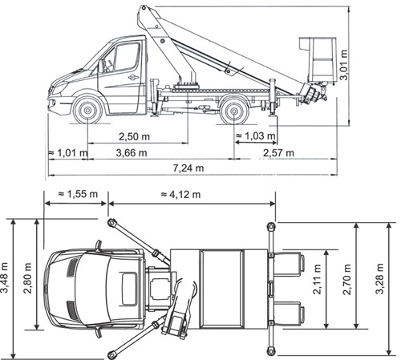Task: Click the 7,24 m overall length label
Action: tap(188, 168)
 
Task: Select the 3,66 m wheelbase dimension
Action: tap(132, 153)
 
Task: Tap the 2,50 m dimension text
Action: tap(134, 137)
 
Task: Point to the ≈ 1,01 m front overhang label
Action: tap(68, 153)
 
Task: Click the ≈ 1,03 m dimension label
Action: tap(255, 136)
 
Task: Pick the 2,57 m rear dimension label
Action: tap(278, 153)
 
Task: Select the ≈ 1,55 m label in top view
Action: tap(78, 194)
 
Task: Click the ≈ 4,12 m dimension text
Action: tap(180, 194)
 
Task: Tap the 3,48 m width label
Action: tap(5, 278)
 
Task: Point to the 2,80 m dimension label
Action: tap(27, 278)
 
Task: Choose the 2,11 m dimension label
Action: tap(317, 279)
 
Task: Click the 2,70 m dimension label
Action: tap(347, 279)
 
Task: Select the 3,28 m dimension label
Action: tap(380, 279)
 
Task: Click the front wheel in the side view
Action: tap(87, 110)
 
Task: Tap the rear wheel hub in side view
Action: tap(234, 111)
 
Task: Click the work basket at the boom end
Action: tap(318, 60)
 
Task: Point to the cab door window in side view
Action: tap(127, 57)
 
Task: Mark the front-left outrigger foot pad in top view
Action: tap(112, 222)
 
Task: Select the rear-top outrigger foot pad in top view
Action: tap(271, 227)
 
